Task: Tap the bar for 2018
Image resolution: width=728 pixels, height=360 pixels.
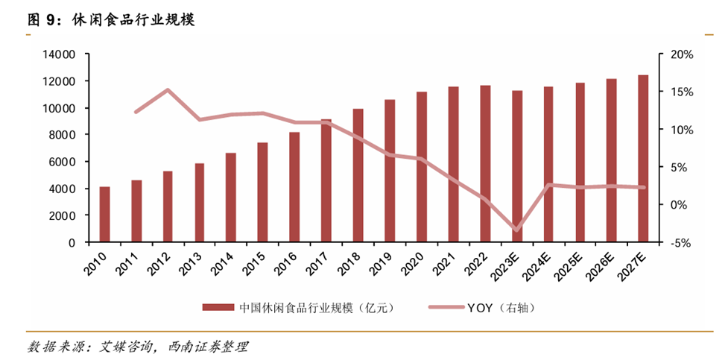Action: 358,176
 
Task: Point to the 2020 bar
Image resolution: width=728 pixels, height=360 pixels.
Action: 422,167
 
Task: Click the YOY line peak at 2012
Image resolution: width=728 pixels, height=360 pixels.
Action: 168,90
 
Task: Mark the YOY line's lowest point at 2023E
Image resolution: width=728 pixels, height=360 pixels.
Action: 516,230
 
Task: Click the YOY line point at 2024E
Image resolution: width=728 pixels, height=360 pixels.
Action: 548,185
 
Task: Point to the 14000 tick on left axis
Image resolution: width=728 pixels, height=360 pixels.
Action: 60,54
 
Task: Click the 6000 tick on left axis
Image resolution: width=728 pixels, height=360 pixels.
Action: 63,162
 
